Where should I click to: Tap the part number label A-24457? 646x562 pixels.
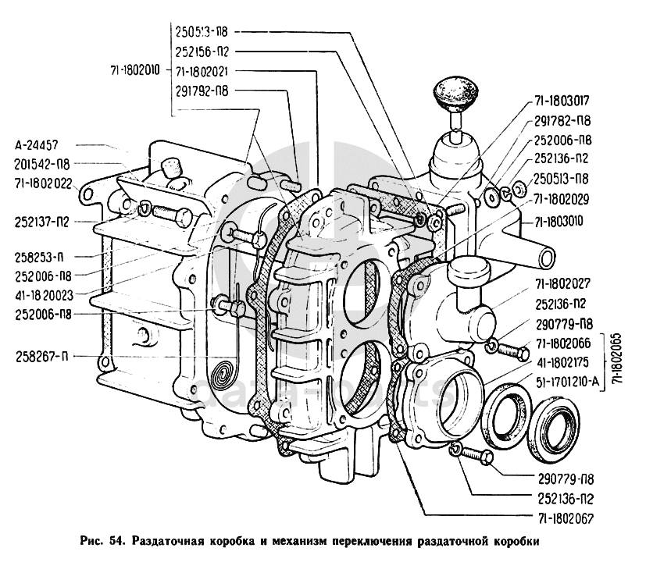[42, 145]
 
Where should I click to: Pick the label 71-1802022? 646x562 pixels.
[43, 184]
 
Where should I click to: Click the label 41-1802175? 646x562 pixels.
[557, 363]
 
